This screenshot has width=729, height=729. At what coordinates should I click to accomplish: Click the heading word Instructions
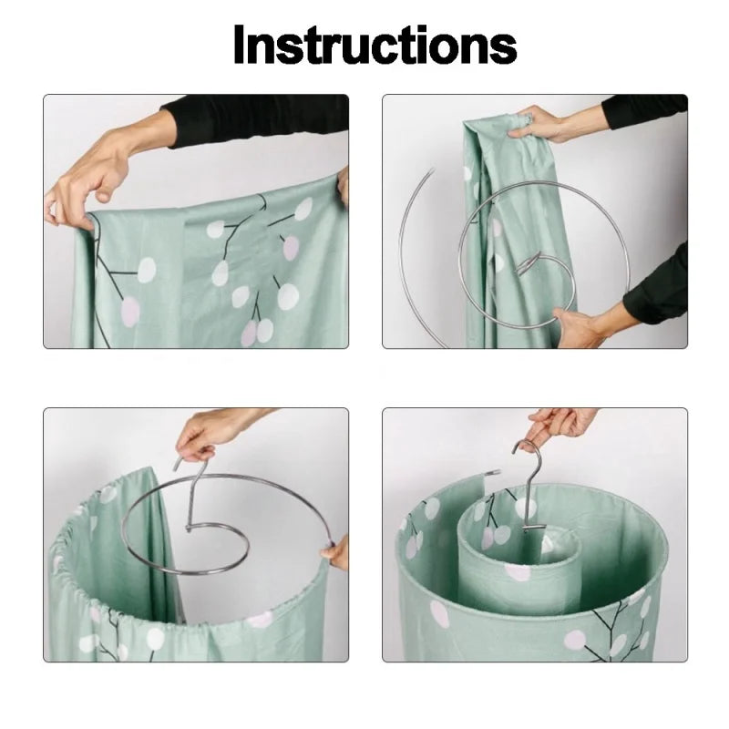[x=375, y=44]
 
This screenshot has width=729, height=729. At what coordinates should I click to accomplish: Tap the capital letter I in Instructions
[x=240, y=44]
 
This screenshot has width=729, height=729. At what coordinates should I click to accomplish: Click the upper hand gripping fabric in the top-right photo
[x=543, y=124]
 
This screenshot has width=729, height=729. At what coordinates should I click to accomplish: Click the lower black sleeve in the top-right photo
[x=658, y=287]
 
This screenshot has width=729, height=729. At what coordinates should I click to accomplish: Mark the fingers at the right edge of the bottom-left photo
[x=338, y=552]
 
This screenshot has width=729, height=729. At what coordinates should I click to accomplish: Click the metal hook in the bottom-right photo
[x=529, y=478]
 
